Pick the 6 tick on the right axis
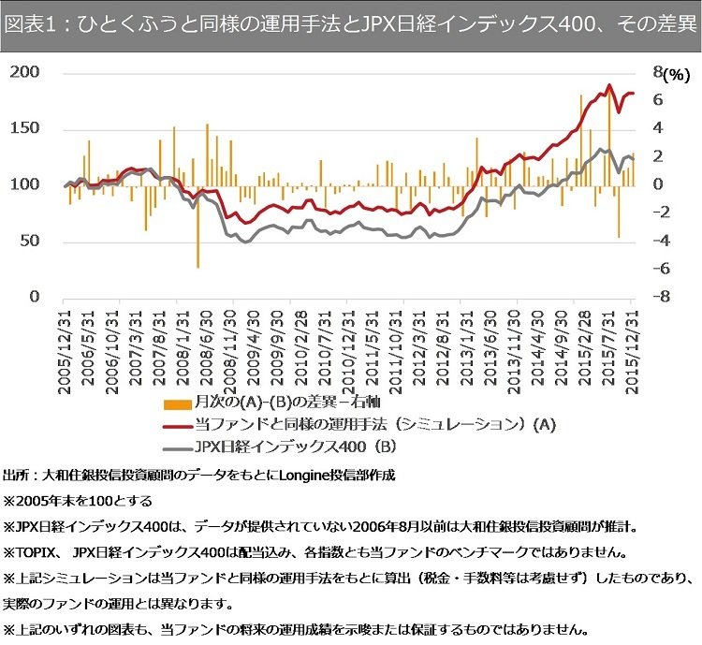659,100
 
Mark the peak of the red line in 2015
609,85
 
